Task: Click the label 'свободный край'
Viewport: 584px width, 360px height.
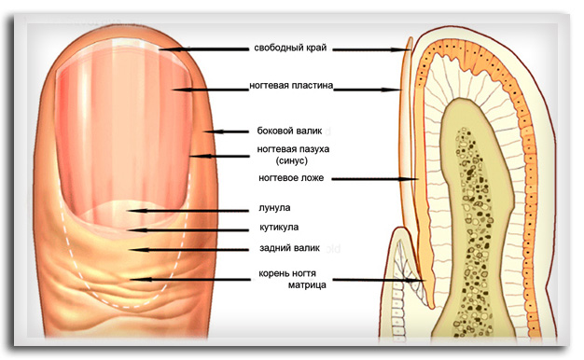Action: [x=290, y=48]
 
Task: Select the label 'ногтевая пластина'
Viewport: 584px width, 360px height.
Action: [x=291, y=86]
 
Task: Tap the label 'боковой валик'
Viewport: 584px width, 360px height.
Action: [x=289, y=132]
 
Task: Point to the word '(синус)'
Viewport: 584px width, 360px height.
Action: [x=292, y=160]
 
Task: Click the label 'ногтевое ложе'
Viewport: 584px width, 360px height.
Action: [x=291, y=178]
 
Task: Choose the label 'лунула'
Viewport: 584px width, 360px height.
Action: [x=274, y=208]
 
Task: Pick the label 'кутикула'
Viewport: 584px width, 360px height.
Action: [x=279, y=227]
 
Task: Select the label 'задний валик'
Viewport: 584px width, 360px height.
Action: [x=289, y=248]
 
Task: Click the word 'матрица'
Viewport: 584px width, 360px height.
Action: [x=307, y=285]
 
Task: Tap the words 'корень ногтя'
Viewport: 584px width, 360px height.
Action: [x=287, y=273]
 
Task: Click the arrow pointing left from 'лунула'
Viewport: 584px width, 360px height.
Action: [x=188, y=211]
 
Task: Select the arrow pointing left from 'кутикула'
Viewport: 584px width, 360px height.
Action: [x=188, y=230]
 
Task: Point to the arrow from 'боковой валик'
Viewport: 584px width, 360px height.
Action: [x=226, y=132]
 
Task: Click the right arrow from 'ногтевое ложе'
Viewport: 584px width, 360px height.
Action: [x=375, y=179]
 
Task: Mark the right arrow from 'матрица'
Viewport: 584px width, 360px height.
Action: [x=379, y=280]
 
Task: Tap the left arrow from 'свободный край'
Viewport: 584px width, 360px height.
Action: [x=203, y=49]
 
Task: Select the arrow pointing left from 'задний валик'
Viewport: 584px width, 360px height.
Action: [x=188, y=249]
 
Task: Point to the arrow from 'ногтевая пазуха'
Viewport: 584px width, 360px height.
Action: [x=219, y=157]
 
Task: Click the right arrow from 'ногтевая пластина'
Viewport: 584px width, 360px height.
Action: [x=367, y=90]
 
